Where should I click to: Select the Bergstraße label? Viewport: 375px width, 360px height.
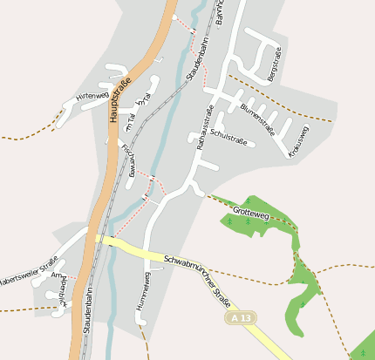(x=275, y=64)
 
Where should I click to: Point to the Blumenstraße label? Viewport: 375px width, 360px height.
(x=257, y=117)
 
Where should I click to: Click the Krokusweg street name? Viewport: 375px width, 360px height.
(x=298, y=141)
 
